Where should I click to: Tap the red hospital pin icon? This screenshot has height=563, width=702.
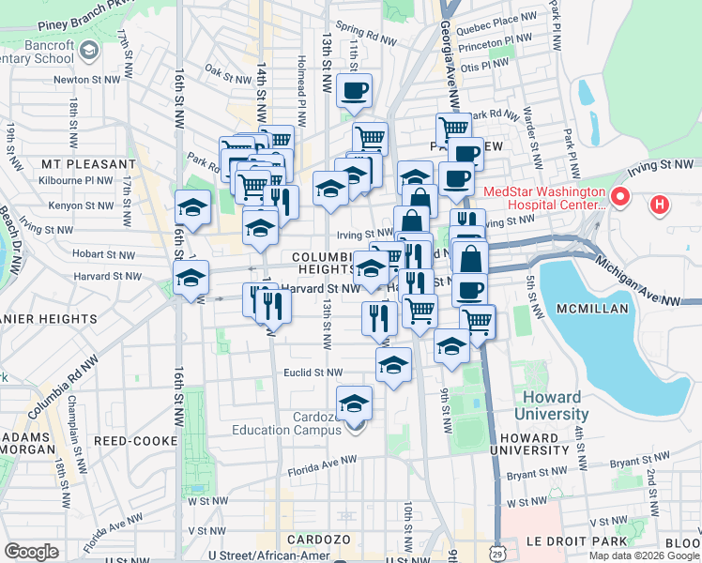pos(619,198)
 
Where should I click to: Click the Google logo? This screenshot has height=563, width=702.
pos(31,552)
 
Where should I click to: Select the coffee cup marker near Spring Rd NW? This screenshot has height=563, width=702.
pos(355,92)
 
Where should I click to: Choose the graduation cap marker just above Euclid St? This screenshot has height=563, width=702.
pos(393,364)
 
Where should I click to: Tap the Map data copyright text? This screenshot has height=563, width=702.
pos(643,555)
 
